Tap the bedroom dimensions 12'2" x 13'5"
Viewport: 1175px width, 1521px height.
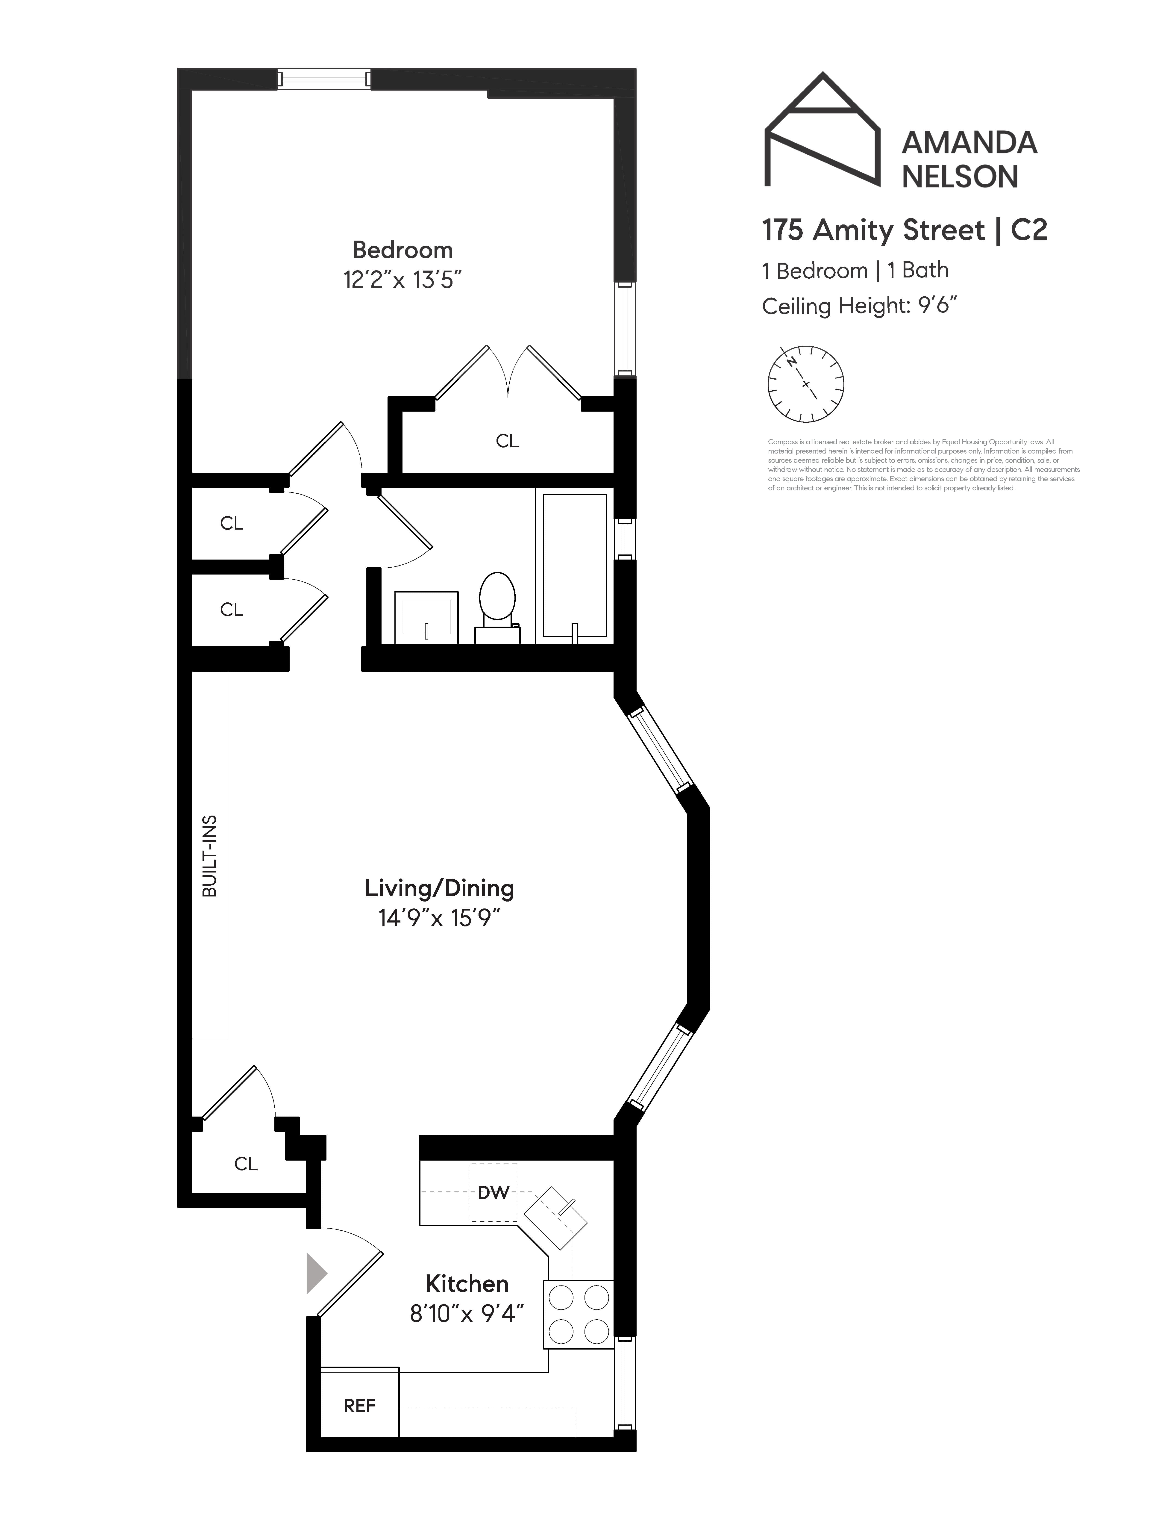402,280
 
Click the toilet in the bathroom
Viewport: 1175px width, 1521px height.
497,599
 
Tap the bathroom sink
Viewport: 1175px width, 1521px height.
426,616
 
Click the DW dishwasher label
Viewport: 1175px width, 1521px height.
493,1192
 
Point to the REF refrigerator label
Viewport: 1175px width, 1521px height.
359,1406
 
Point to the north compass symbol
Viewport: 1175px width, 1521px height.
805,384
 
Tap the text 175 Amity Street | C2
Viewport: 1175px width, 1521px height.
904,230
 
